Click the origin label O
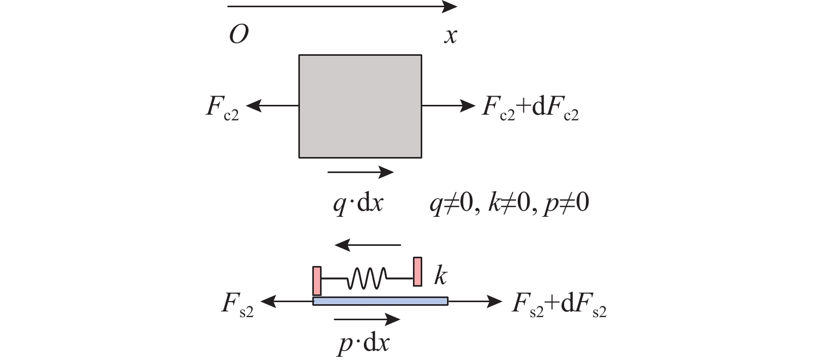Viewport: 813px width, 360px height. click(239, 35)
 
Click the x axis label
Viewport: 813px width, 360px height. click(451, 36)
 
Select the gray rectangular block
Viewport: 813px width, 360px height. click(360, 106)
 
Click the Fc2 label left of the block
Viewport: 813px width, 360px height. click(222, 107)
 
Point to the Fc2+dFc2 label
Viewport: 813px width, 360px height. click(530, 107)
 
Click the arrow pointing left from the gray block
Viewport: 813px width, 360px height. click(272, 106)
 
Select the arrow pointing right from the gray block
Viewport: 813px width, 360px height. click(449, 106)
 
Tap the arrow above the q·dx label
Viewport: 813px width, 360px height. click(360, 172)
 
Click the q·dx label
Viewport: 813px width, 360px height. click(358, 204)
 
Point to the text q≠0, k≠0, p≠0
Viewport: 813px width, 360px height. click(509, 204)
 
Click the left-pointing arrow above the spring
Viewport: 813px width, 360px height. click(368, 245)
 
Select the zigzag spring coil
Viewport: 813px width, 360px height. click(367, 278)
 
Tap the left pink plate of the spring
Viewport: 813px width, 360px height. click(317, 281)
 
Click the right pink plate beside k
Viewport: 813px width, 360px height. click(418, 272)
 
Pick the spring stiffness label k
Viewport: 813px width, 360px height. click(441, 276)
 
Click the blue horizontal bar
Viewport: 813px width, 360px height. click(380, 301)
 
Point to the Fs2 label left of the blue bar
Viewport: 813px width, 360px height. click(238, 304)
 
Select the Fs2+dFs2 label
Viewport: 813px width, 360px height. click(559, 304)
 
